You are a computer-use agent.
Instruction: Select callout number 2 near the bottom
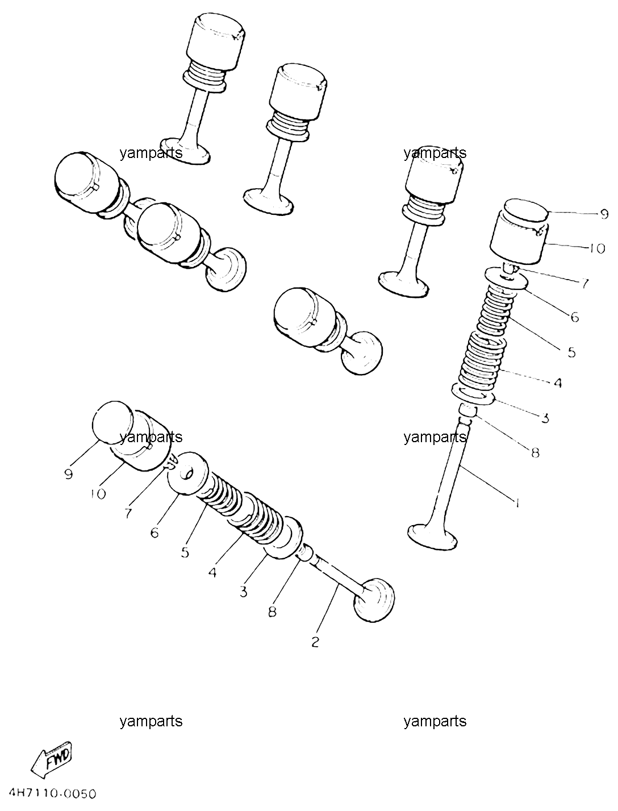point(315,643)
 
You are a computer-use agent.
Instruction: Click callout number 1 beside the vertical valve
point(517,502)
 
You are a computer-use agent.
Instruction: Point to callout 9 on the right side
point(604,214)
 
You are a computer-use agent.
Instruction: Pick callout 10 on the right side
point(596,248)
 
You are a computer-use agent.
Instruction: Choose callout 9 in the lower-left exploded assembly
point(68,474)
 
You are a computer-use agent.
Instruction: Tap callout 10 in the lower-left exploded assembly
point(98,494)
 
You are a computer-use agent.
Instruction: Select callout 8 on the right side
point(535,452)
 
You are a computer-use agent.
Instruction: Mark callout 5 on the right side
point(571,352)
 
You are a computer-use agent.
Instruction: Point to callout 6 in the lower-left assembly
point(154,533)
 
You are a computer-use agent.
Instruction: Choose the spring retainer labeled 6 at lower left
point(188,473)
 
